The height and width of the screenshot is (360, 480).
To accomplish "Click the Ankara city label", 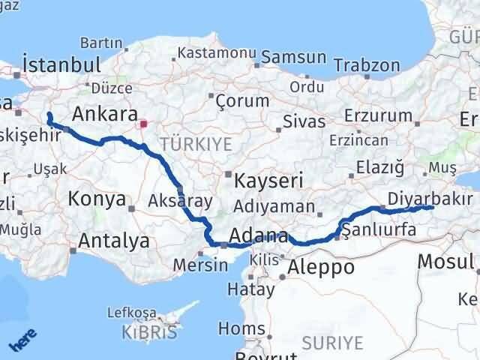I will [x=104, y=114].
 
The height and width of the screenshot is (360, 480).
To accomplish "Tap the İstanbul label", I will [x=61, y=64].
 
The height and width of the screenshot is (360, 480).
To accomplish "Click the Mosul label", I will [x=446, y=262].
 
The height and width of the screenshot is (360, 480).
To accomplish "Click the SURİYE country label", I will [x=332, y=343].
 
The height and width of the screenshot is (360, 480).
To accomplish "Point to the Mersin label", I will [x=200, y=265].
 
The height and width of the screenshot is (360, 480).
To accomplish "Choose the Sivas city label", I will [x=304, y=121].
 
